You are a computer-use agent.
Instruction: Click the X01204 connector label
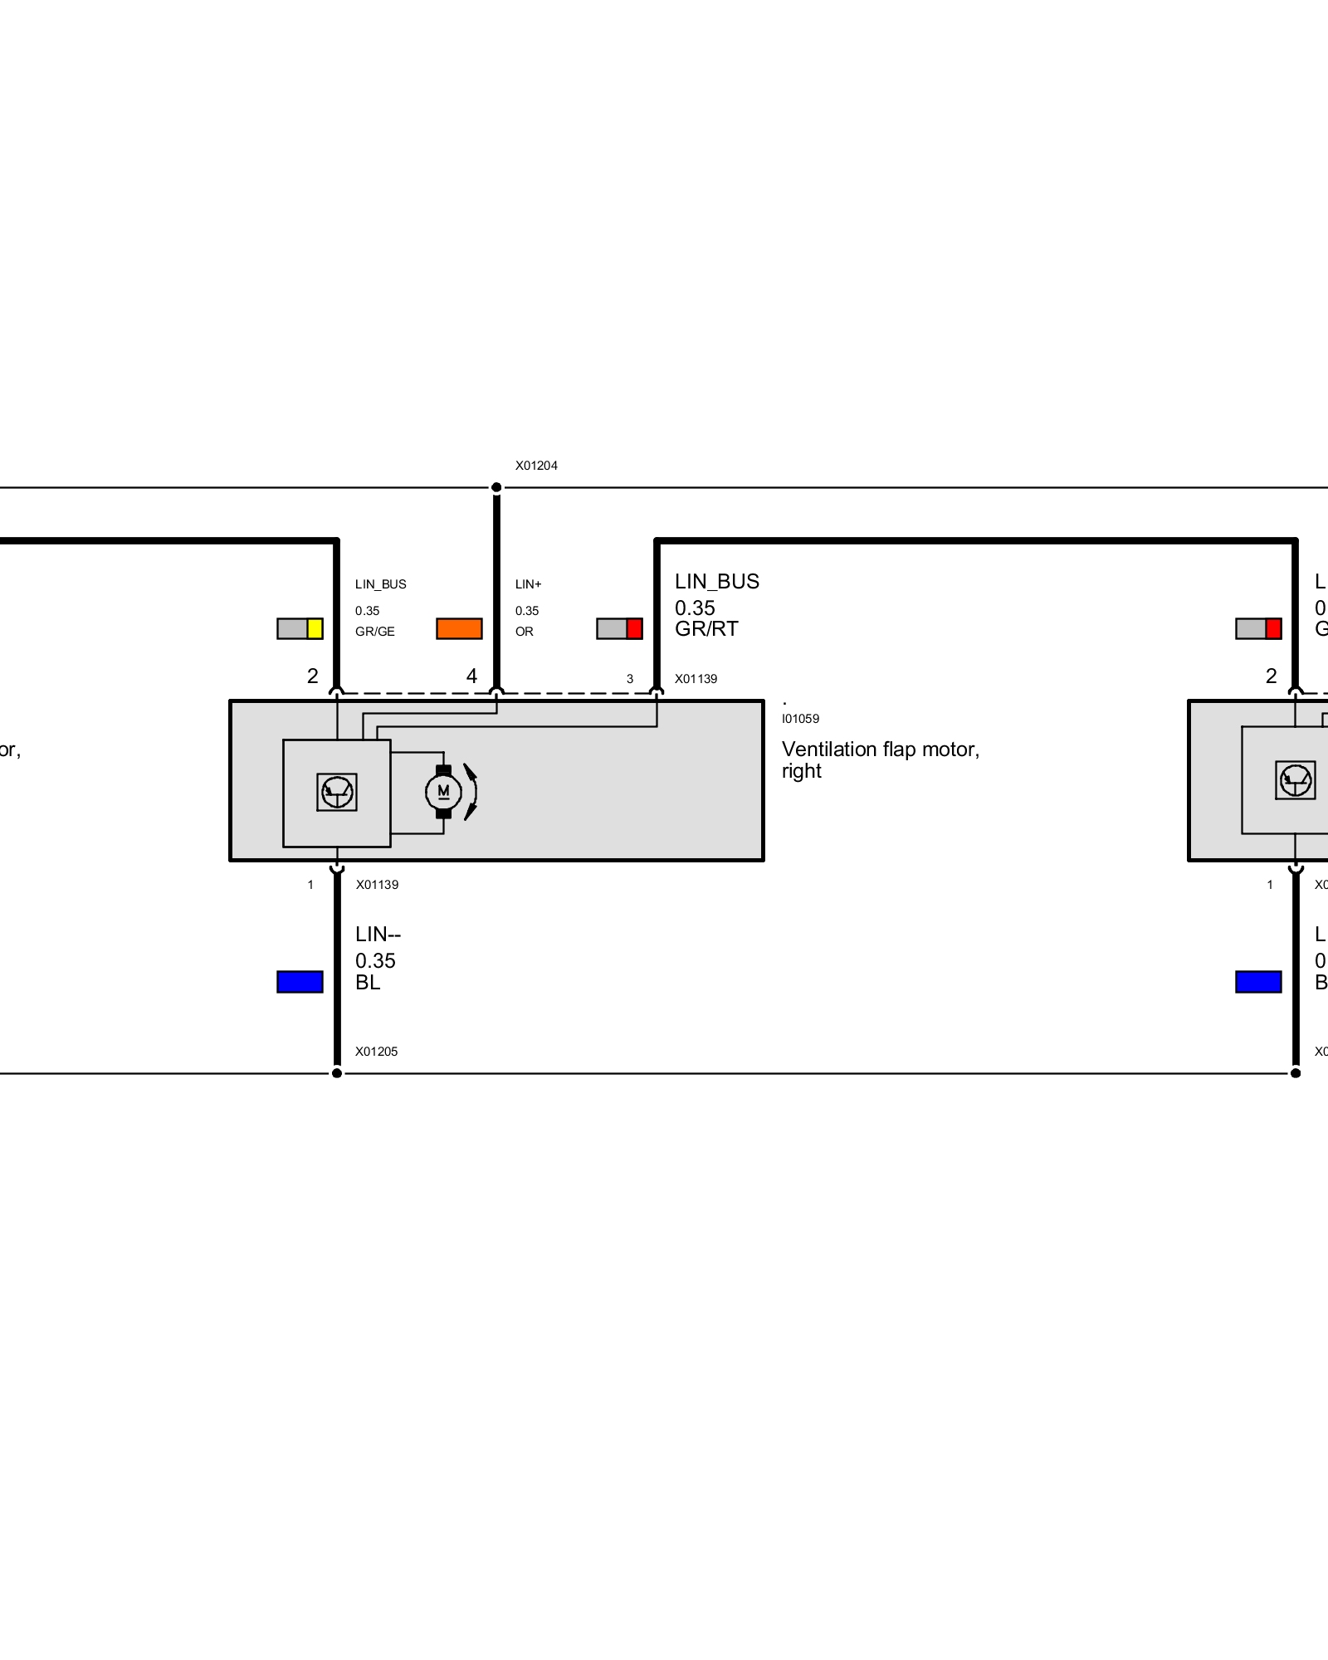coord(536,466)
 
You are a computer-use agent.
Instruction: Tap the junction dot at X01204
coord(496,487)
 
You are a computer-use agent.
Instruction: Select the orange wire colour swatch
coord(459,628)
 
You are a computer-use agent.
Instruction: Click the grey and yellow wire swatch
coord(300,628)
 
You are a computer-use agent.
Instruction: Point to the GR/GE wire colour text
coord(374,632)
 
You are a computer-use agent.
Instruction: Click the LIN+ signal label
coord(528,584)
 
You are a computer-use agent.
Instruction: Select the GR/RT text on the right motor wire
coord(705,629)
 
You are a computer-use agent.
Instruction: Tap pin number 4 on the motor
coord(471,676)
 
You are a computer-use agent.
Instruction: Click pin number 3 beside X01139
coord(630,679)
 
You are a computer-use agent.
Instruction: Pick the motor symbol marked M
coord(443,792)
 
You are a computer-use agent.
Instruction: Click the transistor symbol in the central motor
coord(337,792)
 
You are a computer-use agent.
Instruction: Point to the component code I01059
coord(800,719)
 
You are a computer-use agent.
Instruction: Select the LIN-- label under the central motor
coord(378,935)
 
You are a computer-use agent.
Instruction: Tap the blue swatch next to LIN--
coord(300,982)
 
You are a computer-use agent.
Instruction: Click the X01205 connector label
coord(376,1052)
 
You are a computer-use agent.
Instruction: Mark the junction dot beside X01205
coord(337,1073)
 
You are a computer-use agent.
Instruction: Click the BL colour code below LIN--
coord(367,983)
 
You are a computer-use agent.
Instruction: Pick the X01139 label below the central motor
coord(377,885)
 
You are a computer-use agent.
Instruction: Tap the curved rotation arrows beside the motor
coord(471,792)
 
